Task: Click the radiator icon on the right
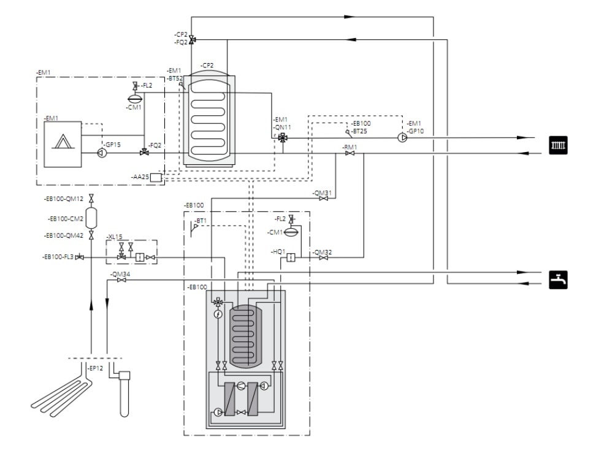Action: (558, 145)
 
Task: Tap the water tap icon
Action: (558, 279)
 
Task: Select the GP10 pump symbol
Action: (402, 137)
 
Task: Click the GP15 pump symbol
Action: (102, 153)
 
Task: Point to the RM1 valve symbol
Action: (350, 153)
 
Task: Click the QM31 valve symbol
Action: (324, 199)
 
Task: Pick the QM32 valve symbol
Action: (324, 257)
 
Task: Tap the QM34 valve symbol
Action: (121, 280)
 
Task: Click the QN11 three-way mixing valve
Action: (283, 138)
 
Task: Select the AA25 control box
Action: (156, 178)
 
